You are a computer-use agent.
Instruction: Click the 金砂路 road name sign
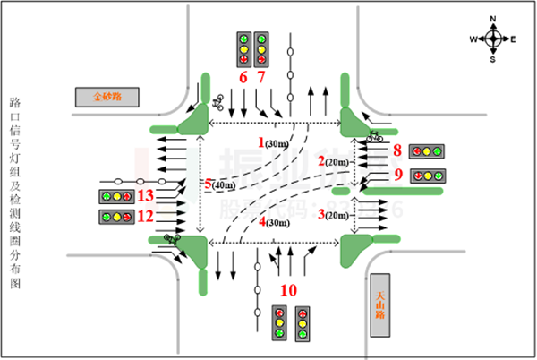107,96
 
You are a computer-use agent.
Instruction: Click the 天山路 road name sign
380,304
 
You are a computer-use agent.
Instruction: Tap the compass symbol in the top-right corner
493,39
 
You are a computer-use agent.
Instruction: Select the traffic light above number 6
243,49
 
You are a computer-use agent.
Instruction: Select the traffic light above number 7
261,49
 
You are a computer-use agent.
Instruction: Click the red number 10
288,290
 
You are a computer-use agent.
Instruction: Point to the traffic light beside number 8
426,151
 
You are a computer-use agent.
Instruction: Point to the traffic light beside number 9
428,176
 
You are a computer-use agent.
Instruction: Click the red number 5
208,184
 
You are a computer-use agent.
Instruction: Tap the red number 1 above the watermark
260,141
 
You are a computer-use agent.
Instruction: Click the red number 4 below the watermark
261,221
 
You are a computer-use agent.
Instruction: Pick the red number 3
320,214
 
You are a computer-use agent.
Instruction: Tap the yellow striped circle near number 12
166,212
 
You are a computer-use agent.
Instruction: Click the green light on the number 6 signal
243,39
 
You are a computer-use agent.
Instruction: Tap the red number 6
243,77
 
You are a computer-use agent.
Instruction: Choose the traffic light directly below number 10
279,322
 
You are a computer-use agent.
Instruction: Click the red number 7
261,77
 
